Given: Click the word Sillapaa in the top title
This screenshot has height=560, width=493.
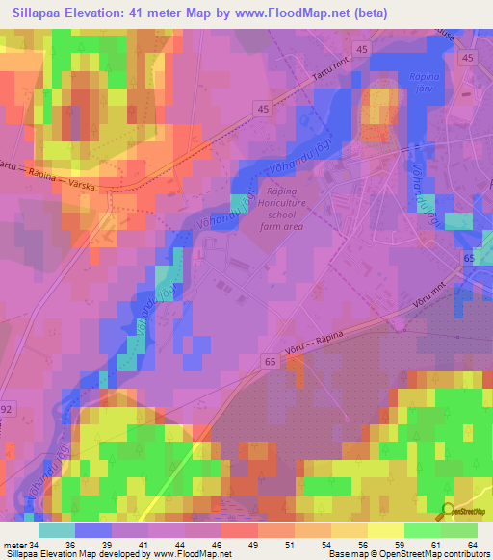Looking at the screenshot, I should coord(38,14).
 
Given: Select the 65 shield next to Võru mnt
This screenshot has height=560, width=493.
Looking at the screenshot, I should coord(469,260).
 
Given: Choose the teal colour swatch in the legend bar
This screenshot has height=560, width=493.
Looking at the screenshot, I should coord(57,530).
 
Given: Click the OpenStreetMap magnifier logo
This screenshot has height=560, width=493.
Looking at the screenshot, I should coord(449,511).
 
